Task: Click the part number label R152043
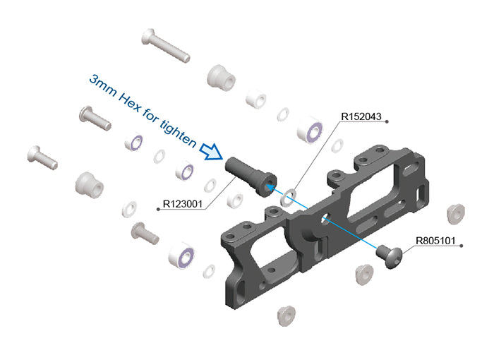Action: pos(361,116)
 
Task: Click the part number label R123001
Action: pos(183,204)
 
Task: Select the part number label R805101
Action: pos(435,241)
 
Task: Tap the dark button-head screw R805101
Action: pos(390,256)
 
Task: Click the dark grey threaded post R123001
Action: pos(251,176)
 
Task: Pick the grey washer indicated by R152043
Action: pos(288,198)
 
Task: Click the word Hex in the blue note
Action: pos(129,102)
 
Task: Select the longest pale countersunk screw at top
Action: pos(166,46)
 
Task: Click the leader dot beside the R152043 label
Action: pos(387,121)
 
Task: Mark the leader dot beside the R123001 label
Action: pos(158,209)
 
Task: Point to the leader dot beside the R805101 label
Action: pos(462,246)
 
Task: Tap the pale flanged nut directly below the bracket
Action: pos(286,316)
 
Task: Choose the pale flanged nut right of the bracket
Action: pos(456,214)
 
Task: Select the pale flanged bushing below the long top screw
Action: pos(221,78)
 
